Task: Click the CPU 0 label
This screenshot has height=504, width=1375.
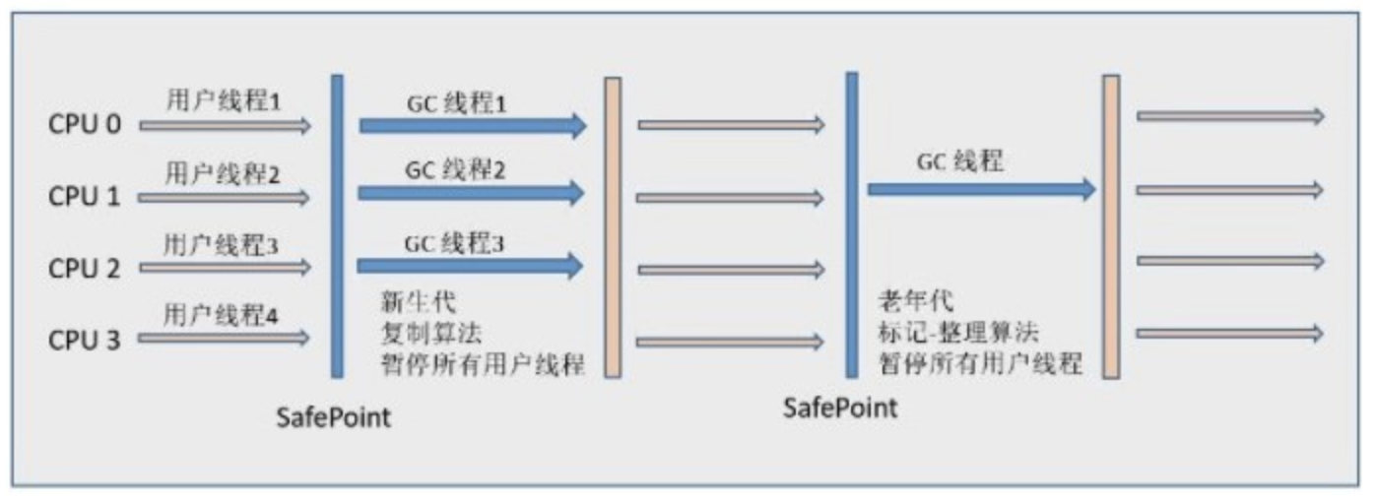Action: [x=85, y=126]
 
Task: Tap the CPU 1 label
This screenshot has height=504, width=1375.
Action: [x=85, y=197]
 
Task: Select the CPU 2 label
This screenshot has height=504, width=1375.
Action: [x=85, y=268]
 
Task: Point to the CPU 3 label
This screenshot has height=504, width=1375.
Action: [x=85, y=340]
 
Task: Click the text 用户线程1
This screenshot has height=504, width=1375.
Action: [x=225, y=101]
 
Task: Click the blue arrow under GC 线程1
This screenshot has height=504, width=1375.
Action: [x=472, y=125]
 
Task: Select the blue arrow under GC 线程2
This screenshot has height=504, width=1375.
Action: [x=471, y=193]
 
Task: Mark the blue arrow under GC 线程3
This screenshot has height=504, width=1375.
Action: [x=471, y=264]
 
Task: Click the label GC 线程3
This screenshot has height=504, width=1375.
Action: [x=455, y=240]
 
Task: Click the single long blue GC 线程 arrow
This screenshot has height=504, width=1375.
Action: [x=981, y=189]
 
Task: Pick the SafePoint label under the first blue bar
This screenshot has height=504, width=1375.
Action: [x=333, y=417]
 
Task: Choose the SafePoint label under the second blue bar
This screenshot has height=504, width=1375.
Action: [x=840, y=408]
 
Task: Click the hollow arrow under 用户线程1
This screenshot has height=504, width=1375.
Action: [x=225, y=125]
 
